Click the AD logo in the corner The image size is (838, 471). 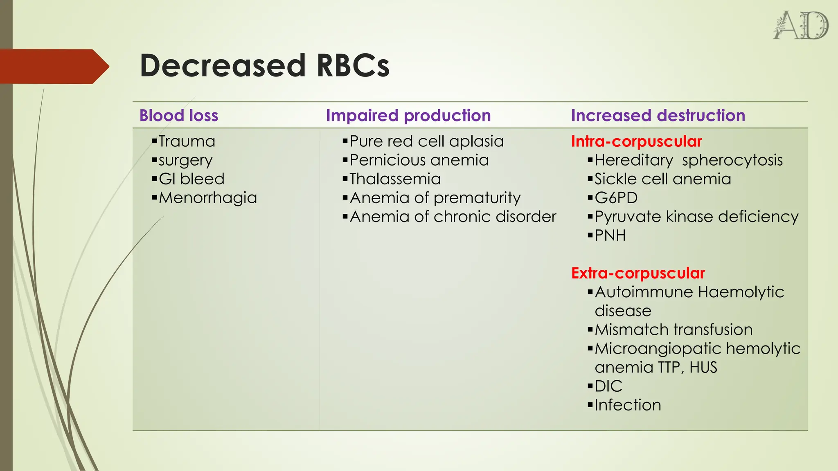[x=801, y=25]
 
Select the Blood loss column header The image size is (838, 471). [x=179, y=116]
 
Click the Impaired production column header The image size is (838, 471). [x=408, y=116]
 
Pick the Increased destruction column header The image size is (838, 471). [x=658, y=116]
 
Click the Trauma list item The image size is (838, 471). [x=187, y=141]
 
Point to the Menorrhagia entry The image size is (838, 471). [x=207, y=198]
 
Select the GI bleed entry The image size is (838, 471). [x=191, y=179]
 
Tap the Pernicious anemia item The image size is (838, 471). [x=419, y=160]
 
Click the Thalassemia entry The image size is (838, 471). [x=395, y=179]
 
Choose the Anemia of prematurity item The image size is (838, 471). [x=435, y=198]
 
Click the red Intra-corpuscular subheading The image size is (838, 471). [x=636, y=141]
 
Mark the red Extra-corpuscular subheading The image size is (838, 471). [x=638, y=273]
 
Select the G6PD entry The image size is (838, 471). [x=616, y=198]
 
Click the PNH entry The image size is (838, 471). [x=610, y=235]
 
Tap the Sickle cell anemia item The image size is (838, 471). [x=662, y=179]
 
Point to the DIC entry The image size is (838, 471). [x=608, y=386]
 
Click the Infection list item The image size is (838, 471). [x=628, y=405]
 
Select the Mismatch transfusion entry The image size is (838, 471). [x=674, y=330]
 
